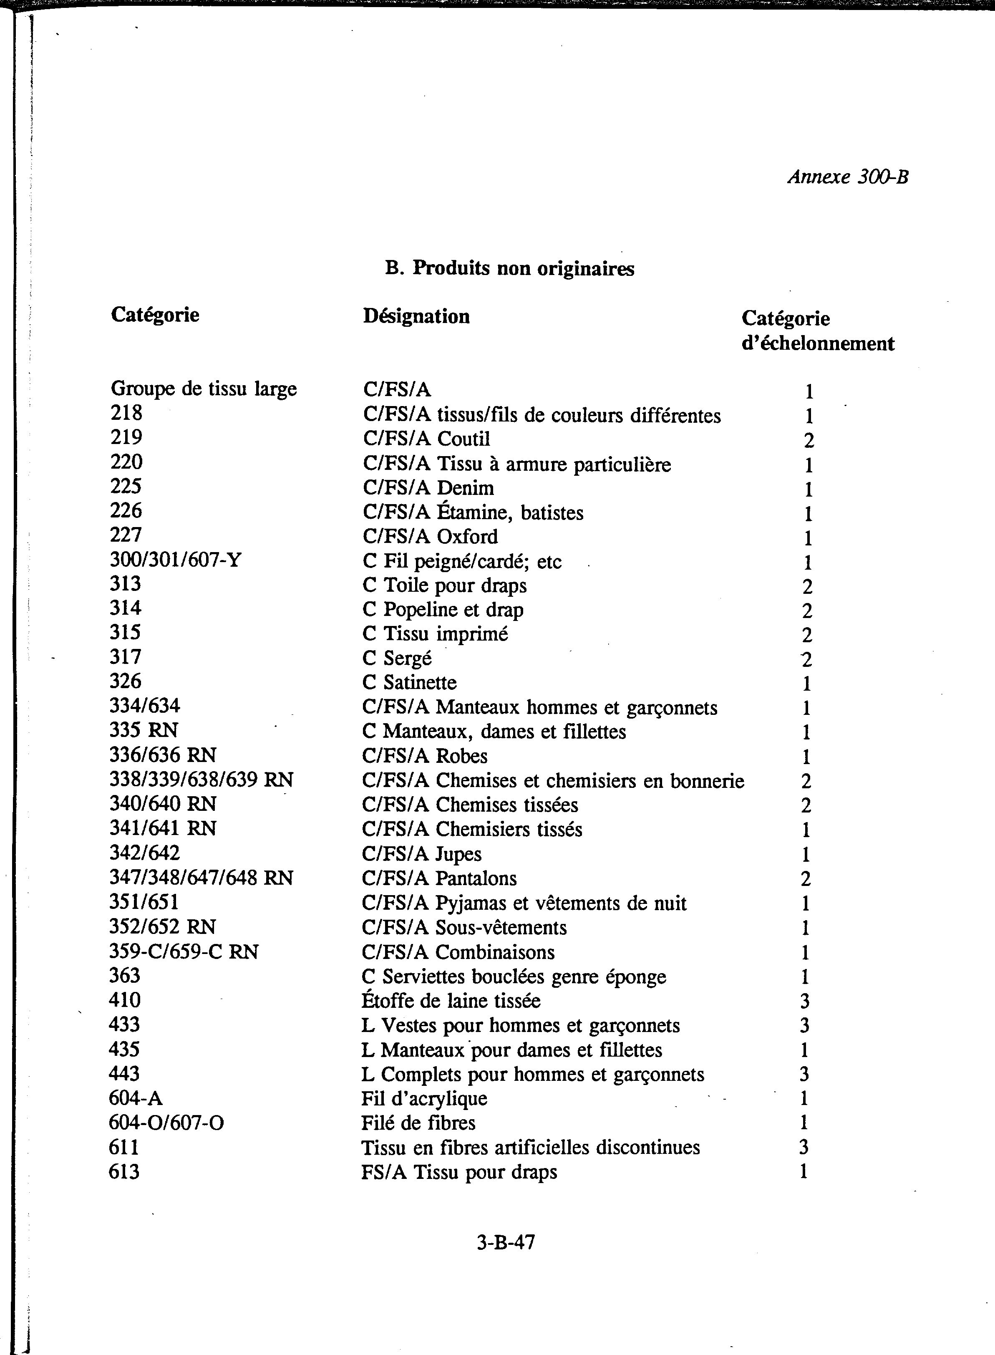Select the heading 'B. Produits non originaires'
coord(509,268)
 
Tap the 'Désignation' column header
coord(416,316)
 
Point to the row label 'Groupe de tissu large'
coord(204,389)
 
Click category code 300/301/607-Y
coord(175,560)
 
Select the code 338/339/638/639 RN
coord(201,780)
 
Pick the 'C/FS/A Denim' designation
coord(428,488)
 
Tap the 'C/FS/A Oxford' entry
coord(430,536)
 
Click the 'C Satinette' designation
coord(410,682)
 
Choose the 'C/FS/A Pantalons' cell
coord(439,878)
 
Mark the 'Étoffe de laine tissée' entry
coord(451,1001)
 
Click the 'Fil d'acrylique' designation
coord(424,1098)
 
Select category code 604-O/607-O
coord(166,1123)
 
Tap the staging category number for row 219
coord(808,440)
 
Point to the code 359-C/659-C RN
coord(184,951)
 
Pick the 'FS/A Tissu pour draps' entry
coord(459,1172)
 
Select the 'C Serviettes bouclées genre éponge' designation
coord(514,976)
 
